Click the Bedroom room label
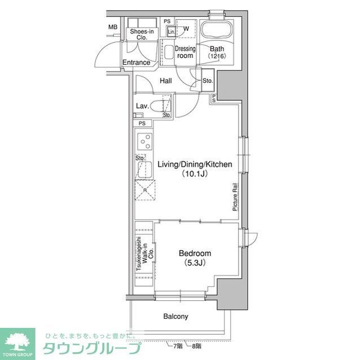coord(195,254)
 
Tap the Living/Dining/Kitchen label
coord(195,164)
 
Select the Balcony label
coord(176,317)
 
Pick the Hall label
coord(165,81)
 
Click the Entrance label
coord(137,63)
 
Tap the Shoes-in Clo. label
coord(142,35)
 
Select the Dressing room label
coord(185,52)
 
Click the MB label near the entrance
coord(113,26)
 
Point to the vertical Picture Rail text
coord(234,198)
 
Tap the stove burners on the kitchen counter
coord(144,141)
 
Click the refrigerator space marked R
coord(144,190)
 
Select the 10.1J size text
coord(195,174)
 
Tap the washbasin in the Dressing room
coord(168,53)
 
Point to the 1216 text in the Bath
coord(217,57)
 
